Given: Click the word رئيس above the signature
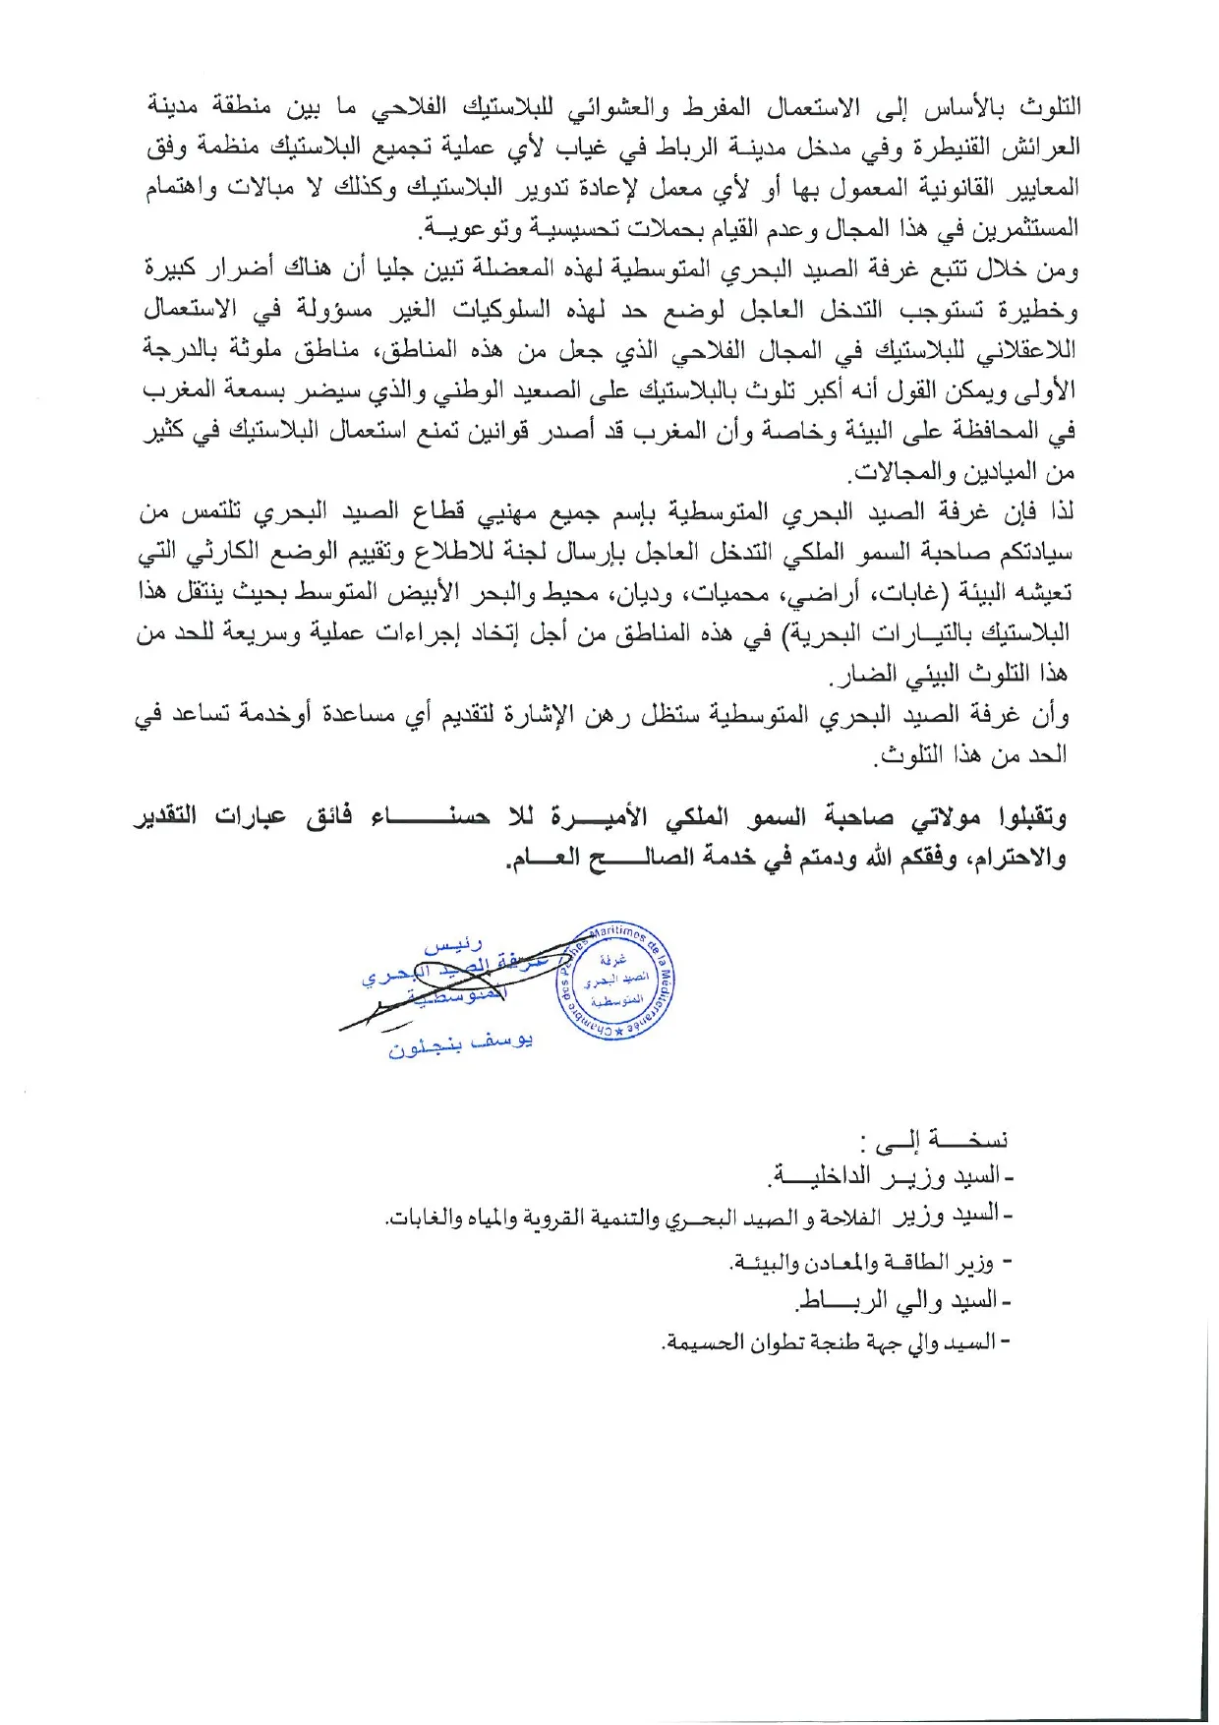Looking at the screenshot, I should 453,947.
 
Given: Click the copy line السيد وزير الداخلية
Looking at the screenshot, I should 890,1175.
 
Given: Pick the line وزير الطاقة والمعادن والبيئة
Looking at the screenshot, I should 870,1262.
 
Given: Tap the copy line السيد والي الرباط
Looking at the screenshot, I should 904,1301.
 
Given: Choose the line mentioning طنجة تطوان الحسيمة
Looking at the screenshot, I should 836,1341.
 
